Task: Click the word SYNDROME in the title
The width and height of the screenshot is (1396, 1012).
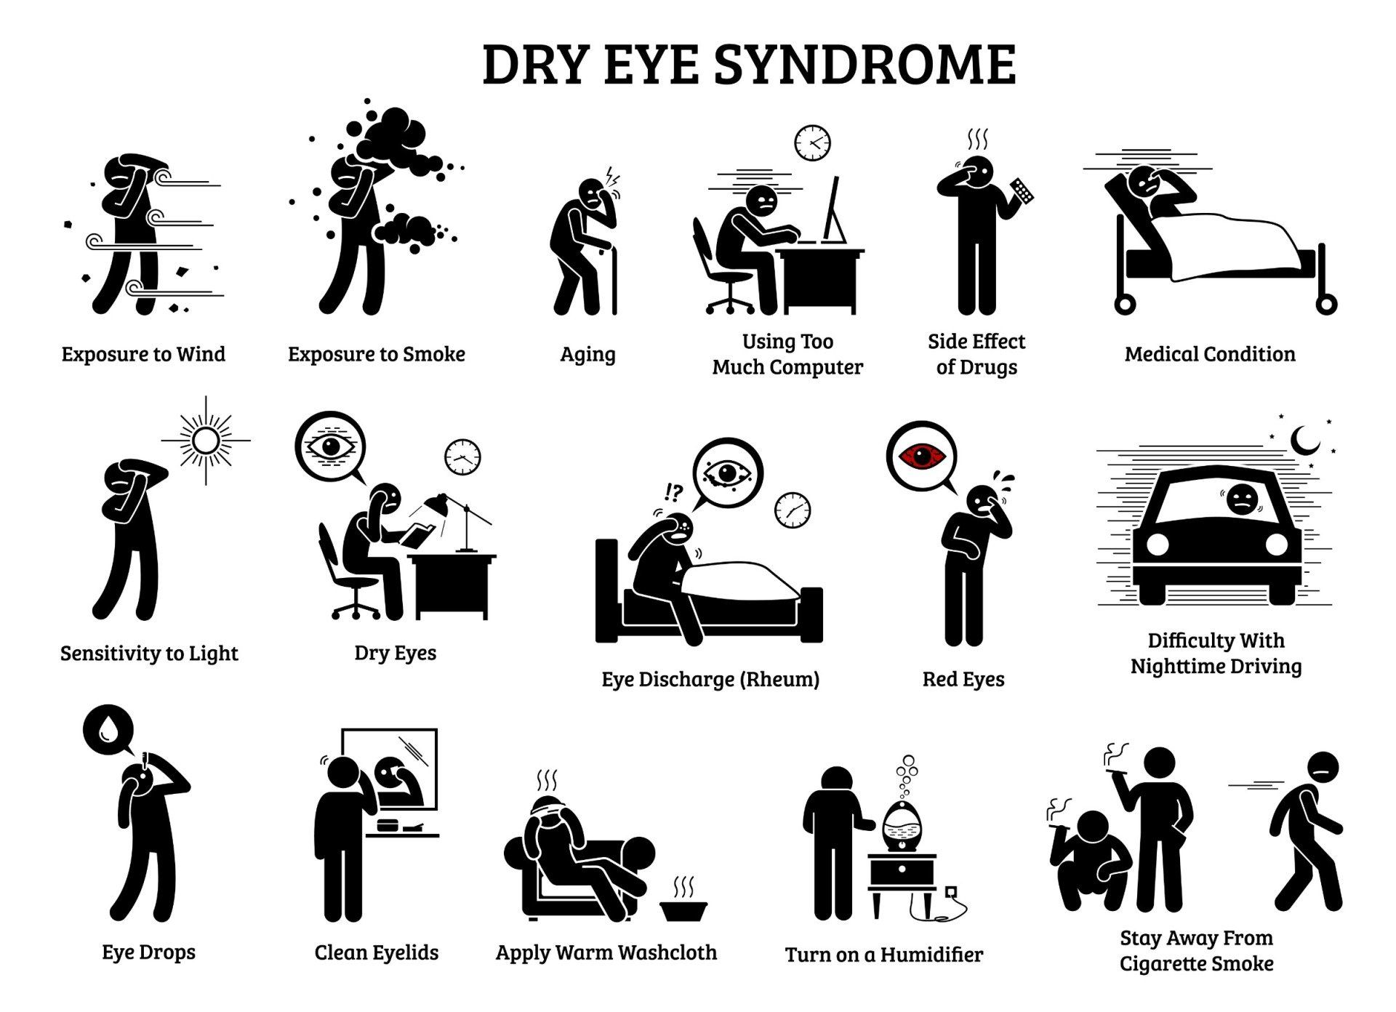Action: (x=865, y=65)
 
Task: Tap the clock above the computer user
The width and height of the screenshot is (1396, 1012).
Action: (x=812, y=143)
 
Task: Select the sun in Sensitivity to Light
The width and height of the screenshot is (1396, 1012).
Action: (x=206, y=441)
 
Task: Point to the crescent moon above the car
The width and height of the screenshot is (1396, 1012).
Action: (x=1305, y=440)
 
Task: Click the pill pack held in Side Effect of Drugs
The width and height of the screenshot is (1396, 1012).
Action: (x=1022, y=190)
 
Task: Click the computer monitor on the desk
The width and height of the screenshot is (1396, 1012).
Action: (x=833, y=211)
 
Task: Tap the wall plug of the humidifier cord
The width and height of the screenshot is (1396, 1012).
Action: (x=950, y=891)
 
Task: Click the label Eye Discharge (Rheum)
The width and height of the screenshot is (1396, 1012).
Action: (x=710, y=679)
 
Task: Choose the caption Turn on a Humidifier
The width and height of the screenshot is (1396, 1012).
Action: (x=884, y=955)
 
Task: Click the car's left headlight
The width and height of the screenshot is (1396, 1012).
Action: (x=1157, y=544)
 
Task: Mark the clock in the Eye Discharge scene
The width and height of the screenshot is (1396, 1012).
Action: (x=793, y=510)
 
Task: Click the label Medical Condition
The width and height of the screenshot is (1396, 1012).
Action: (x=1210, y=354)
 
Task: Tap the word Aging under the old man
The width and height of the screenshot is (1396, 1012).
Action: (x=587, y=355)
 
